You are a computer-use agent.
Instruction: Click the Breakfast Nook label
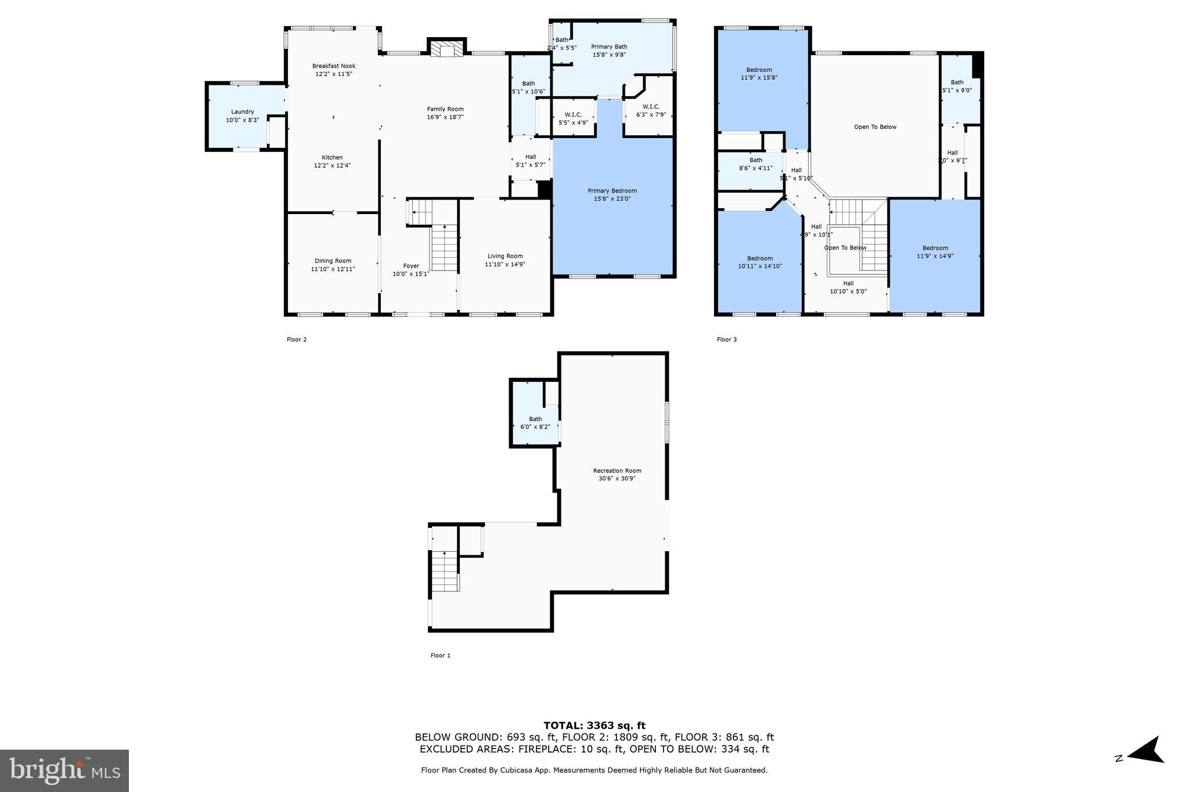click(333, 66)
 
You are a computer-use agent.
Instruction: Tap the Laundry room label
click(242, 112)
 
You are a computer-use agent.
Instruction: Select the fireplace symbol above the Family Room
click(446, 49)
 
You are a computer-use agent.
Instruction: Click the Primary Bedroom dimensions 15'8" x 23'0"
click(612, 199)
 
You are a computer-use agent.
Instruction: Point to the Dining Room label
click(333, 261)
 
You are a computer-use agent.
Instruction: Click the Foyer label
click(411, 266)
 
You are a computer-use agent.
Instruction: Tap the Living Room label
click(505, 256)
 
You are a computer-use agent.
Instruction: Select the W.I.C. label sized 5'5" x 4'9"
click(573, 115)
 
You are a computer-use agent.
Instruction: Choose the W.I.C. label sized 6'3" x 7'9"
click(651, 107)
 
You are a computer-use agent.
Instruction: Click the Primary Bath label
click(609, 47)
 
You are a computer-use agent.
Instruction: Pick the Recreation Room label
click(617, 471)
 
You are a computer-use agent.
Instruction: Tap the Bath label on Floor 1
click(535, 419)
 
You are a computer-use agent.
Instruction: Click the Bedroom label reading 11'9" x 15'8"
click(759, 70)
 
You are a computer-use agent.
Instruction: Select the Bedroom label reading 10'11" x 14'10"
click(759, 259)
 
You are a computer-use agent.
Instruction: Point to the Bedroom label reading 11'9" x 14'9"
click(935, 248)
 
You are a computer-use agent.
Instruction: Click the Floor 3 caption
click(726, 340)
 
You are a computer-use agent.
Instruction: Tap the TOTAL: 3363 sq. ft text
click(594, 725)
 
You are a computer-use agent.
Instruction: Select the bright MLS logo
click(64, 771)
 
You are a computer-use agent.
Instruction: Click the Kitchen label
click(332, 158)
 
